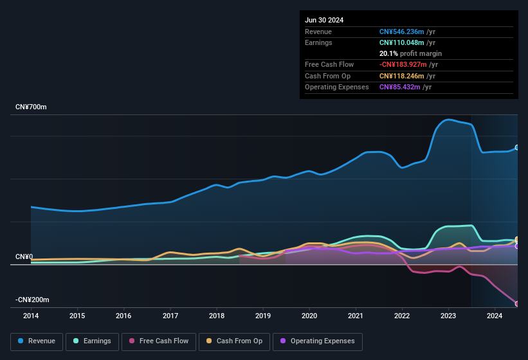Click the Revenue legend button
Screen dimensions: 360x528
(37, 341)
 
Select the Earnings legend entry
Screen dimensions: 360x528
(91, 341)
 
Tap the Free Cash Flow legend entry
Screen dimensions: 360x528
(159, 341)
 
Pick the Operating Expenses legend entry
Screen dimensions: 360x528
(318, 341)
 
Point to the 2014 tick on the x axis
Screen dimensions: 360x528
(31, 316)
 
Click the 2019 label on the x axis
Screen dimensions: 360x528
(262, 316)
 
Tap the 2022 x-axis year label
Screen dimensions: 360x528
(402, 316)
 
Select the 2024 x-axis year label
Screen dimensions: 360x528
(495, 316)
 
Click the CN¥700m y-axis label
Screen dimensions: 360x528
(31, 107)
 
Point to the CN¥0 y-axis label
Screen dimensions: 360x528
(24, 256)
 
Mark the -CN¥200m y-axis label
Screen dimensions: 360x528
(33, 300)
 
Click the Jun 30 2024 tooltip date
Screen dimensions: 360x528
(324, 20)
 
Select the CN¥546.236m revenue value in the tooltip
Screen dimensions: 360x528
(402, 32)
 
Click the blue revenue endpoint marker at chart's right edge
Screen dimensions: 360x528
(516, 148)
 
